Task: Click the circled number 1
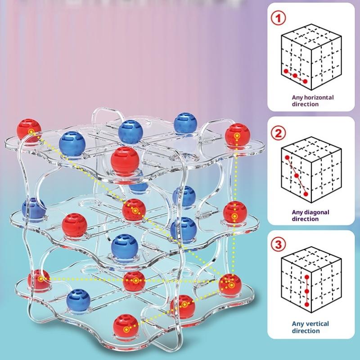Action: [x=279, y=18]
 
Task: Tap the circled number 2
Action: [x=278, y=133]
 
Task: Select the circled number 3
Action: [x=278, y=244]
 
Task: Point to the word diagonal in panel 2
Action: [x=317, y=212]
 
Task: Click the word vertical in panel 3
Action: [x=316, y=324]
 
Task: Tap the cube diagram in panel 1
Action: [x=311, y=57]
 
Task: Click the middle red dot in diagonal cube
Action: [x=297, y=176]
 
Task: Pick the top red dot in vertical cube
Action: [x=307, y=277]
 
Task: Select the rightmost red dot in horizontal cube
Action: [x=305, y=81]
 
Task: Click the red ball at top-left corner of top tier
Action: [x=29, y=130]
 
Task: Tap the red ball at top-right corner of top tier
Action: [x=237, y=135]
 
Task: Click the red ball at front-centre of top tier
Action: [x=125, y=161]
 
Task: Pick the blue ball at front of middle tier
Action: [x=125, y=247]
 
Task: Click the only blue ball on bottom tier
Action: [x=78, y=301]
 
